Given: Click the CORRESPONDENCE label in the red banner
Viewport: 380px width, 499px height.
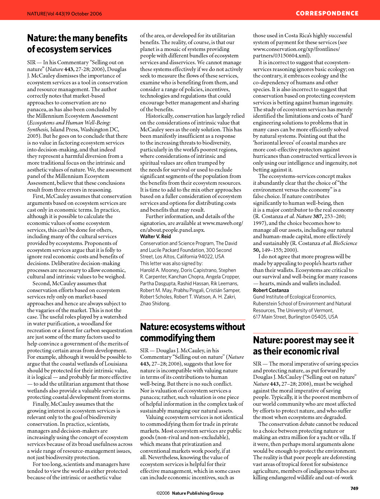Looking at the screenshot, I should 327,13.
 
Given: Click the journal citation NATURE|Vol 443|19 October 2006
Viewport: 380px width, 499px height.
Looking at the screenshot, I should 65,14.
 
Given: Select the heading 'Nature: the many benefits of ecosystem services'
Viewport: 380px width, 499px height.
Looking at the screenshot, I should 77,43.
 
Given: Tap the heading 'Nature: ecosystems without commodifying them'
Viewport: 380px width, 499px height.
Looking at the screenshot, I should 193,332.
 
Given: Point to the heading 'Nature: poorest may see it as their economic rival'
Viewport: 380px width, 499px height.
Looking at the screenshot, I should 303,345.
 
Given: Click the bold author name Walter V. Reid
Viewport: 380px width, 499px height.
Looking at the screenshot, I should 156,236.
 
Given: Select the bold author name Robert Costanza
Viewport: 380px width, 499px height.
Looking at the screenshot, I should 271,290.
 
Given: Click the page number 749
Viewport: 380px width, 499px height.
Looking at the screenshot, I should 354,488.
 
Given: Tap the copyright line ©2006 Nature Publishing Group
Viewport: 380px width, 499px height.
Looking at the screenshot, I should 190,493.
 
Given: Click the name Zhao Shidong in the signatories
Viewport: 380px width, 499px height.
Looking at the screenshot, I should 155,303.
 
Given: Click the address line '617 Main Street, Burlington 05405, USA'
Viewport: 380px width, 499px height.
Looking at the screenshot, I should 295,317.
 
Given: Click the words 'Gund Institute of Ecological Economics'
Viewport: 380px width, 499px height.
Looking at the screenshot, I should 294,297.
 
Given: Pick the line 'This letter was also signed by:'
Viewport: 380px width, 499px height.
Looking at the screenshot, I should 171,263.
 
